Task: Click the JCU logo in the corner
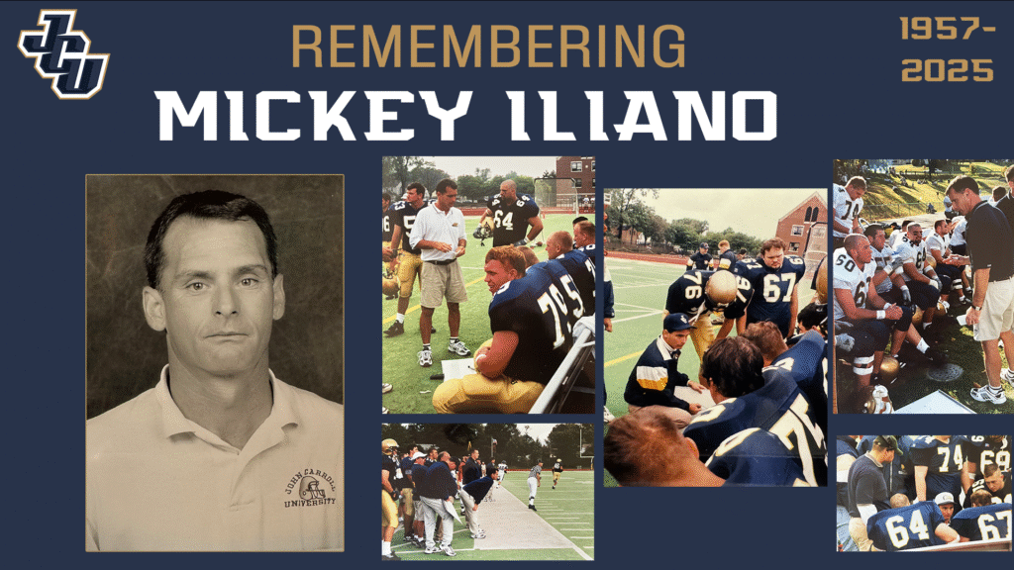tap(63, 53)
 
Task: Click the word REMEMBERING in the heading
tap(488, 47)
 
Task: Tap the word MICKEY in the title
tap(313, 115)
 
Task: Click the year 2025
tap(948, 70)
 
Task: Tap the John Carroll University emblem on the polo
tap(310, 490)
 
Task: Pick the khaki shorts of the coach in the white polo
tap(443, 283)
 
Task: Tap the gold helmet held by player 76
tap(722, 287)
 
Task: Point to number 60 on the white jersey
tap(846, 262)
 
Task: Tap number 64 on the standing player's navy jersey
tap(504, 221)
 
